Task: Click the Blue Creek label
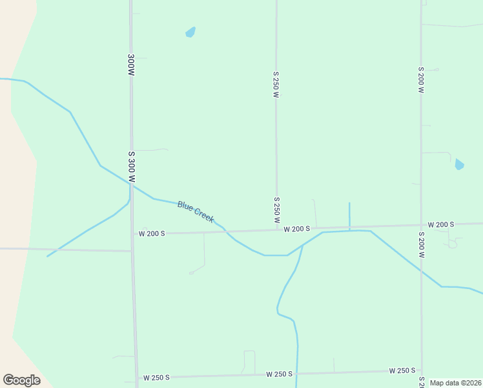tap(195, 212)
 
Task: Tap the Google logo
tap(21, 380)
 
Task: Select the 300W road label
tap(131, 66)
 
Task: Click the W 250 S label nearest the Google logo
tap(156, 377)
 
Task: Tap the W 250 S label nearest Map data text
tap(402, 371)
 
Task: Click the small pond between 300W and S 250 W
tap(190, 32)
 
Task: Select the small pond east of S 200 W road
tap(459, 164)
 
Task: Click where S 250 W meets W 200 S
tap(277, 230)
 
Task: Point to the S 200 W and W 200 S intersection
tap(421, 226)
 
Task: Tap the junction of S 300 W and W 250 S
tap(136, 378)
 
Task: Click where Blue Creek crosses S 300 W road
tap(131, 185)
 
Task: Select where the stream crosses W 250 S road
tap(297, 373)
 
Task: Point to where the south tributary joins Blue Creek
tap(302, 246)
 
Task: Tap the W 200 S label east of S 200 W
tap(441, 224)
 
